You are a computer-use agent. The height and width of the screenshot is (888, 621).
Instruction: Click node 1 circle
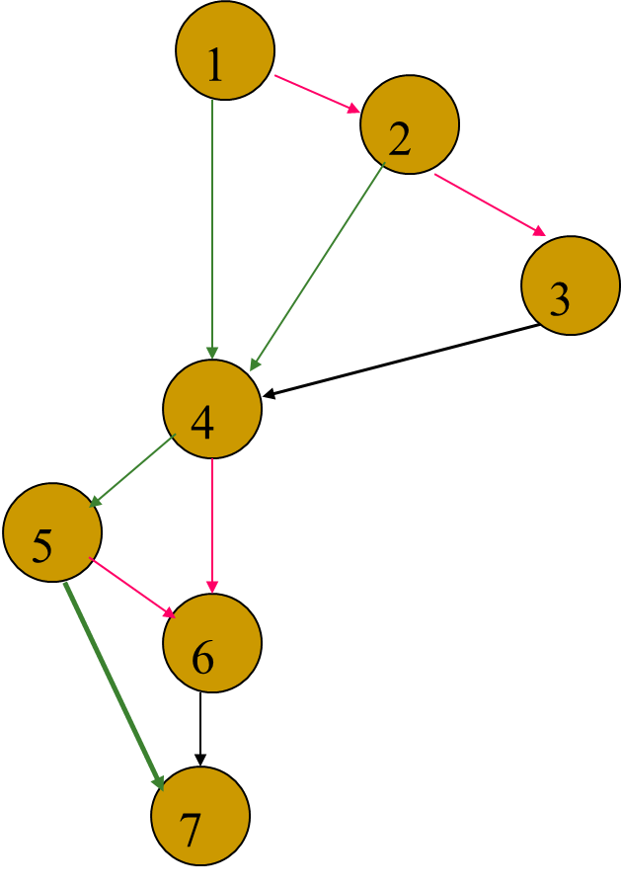225,50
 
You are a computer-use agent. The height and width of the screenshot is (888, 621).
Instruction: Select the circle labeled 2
410,124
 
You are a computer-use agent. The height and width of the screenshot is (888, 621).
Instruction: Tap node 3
570,285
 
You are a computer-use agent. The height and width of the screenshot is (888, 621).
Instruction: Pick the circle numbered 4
212,409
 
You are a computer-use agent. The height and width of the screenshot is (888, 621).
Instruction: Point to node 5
52,532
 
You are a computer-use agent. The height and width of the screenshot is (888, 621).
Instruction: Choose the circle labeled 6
212,643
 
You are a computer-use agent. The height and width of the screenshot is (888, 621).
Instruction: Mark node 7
200,816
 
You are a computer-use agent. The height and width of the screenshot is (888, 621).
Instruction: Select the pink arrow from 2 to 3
489,204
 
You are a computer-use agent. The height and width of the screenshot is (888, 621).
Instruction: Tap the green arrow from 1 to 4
212,227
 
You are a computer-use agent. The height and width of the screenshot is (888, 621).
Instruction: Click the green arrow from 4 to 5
132,471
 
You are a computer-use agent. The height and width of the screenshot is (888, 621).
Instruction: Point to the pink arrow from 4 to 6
212,524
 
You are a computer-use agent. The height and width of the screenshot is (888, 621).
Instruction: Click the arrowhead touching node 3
539,232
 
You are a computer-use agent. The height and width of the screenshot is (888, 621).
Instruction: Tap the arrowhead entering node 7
159,781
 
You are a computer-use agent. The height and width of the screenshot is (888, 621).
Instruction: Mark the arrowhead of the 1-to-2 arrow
355,109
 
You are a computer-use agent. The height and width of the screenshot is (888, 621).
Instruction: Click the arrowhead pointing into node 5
95,501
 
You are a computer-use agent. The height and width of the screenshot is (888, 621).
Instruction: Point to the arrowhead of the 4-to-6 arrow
212,588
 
